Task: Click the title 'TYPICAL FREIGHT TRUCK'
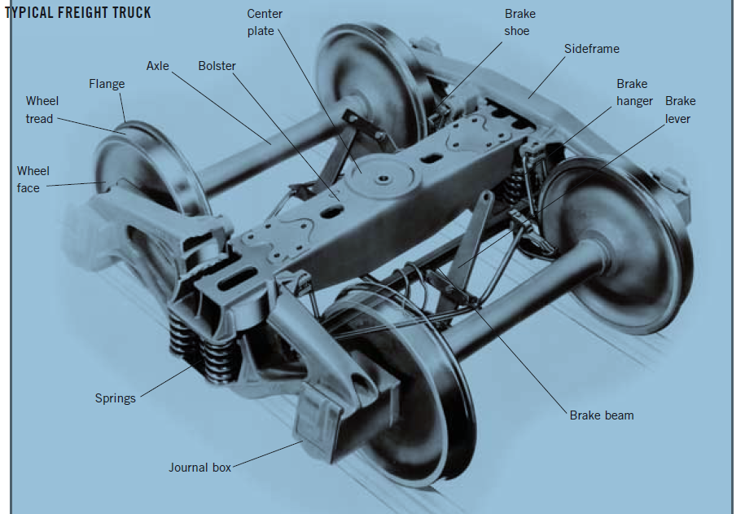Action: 79,13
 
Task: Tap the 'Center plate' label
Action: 265,23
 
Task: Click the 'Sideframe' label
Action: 592,49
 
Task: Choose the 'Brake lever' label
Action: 680,110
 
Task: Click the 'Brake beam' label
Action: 602,415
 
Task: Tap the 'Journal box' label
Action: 199,468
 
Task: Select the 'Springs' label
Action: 115,398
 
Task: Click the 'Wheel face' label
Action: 33,179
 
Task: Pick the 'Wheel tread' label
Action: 42,110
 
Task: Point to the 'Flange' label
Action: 107,84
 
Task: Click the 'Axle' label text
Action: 158,65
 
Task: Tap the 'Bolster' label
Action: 217,65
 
